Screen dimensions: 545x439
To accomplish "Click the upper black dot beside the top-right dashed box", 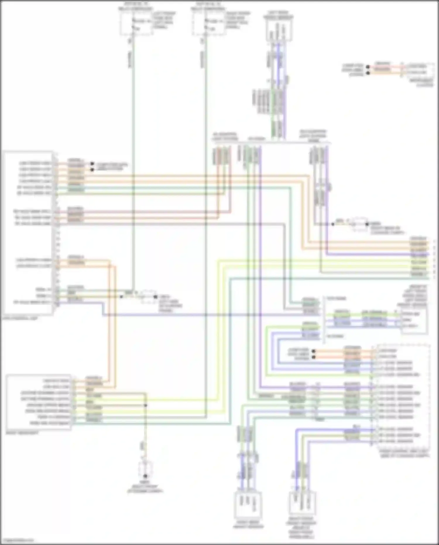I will coord(368,67).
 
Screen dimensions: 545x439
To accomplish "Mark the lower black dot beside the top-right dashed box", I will coord(368,73).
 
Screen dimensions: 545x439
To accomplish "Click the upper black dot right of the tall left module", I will coord(92,164).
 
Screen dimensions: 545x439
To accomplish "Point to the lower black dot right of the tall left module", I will coord(92,170).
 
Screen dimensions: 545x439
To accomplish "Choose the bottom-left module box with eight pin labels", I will coord(38,402).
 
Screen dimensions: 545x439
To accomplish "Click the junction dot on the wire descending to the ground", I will coord(145,406).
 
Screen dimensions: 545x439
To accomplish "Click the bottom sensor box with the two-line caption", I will coord(248,505).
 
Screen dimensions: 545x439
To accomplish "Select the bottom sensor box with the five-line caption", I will coord(302,504).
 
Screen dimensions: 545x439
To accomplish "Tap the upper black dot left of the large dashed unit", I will coord(313,351).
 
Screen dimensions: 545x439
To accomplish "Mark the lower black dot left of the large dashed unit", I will coord(313,357).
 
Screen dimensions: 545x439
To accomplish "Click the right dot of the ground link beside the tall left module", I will coord(155,296).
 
